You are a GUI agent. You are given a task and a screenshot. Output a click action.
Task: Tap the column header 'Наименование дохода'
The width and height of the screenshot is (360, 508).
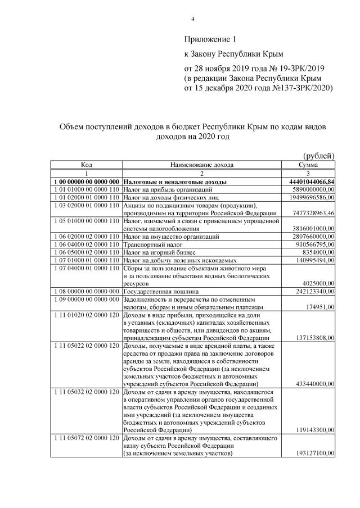point(201,165)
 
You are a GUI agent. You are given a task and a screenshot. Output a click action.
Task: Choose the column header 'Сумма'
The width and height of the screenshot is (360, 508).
point(308,165)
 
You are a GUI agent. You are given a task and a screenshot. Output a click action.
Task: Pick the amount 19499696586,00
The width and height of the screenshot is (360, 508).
point(308,198)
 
